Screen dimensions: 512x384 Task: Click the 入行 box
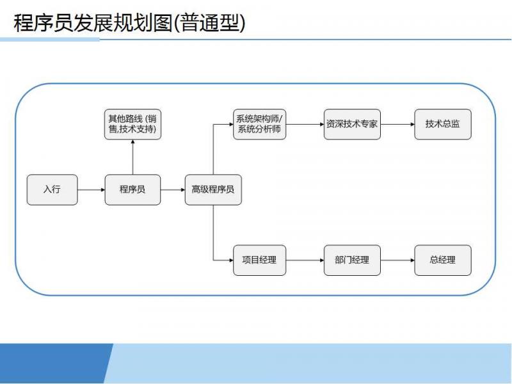52,189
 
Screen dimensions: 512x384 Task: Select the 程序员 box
132,189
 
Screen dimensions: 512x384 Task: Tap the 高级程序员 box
213,189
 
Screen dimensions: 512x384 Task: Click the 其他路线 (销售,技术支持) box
132,124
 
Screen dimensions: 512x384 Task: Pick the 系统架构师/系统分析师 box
260,124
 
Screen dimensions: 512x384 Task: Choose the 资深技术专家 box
352,124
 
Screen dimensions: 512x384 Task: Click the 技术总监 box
443,124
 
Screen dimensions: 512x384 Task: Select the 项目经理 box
260,260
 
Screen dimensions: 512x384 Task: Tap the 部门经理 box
352,260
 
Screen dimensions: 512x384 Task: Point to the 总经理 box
443,260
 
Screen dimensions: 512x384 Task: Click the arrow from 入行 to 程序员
91,189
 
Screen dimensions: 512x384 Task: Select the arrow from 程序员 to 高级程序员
173,189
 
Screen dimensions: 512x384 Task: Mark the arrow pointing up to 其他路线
132,157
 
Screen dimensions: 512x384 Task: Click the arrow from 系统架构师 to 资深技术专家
305,124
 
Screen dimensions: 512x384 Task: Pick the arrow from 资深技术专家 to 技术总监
397,124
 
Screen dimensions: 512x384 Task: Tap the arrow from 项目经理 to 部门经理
305,260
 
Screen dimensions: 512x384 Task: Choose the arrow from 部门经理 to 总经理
397,260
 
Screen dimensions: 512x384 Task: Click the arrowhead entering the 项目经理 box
232,260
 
